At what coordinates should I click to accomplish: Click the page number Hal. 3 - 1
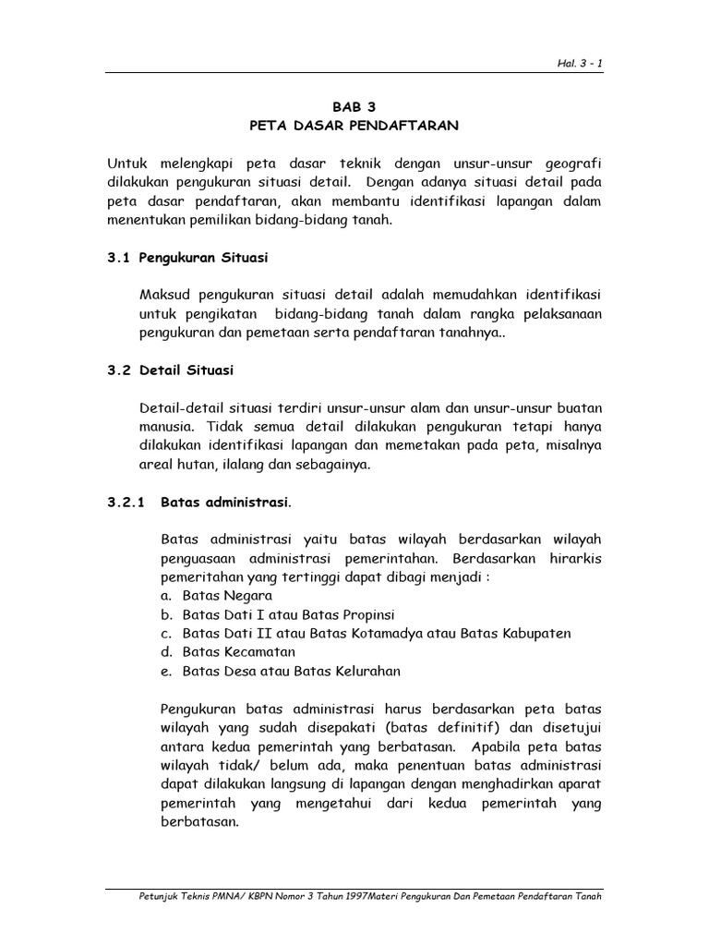tap(579, 62)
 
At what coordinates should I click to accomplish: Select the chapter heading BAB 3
tap(354, 105)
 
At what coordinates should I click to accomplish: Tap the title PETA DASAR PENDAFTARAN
tap(354, 125)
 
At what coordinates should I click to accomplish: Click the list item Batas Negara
tap(213, 596)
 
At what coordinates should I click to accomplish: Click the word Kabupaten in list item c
tap(535, 634)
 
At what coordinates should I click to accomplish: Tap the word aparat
tap(578, 784)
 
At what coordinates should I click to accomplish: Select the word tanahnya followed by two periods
tap(464, 333)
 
